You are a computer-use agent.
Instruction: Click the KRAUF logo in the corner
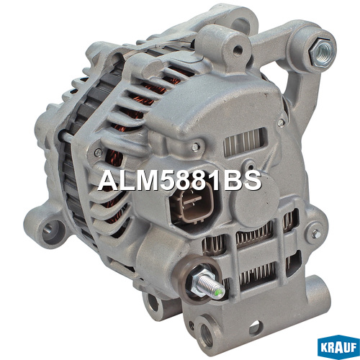pos(338,347)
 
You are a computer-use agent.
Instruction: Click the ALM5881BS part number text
pos(179,181)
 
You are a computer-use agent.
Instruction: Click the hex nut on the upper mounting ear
pos(321,52)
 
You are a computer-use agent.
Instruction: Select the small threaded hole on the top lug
pos(238,50)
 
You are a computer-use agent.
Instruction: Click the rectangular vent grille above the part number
pos(245,142)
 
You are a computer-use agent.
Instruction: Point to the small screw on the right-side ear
pos(317,233)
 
